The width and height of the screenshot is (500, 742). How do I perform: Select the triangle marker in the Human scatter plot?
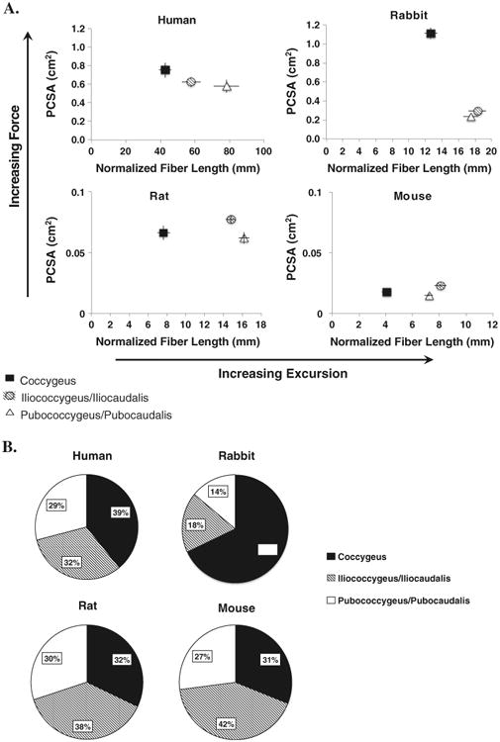pyautogui.click(x=227, y=87)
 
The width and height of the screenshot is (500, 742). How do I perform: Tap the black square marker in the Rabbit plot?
pyautogui.click(x=431, y=34)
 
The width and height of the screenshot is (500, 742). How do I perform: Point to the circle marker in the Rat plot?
pyautogui.click(x=231, y=220)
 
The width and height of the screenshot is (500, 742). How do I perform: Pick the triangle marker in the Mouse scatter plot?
pyautogui.click(x=429, y=296)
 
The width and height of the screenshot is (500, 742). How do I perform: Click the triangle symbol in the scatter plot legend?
pyautogui.click(x=9, y=415)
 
